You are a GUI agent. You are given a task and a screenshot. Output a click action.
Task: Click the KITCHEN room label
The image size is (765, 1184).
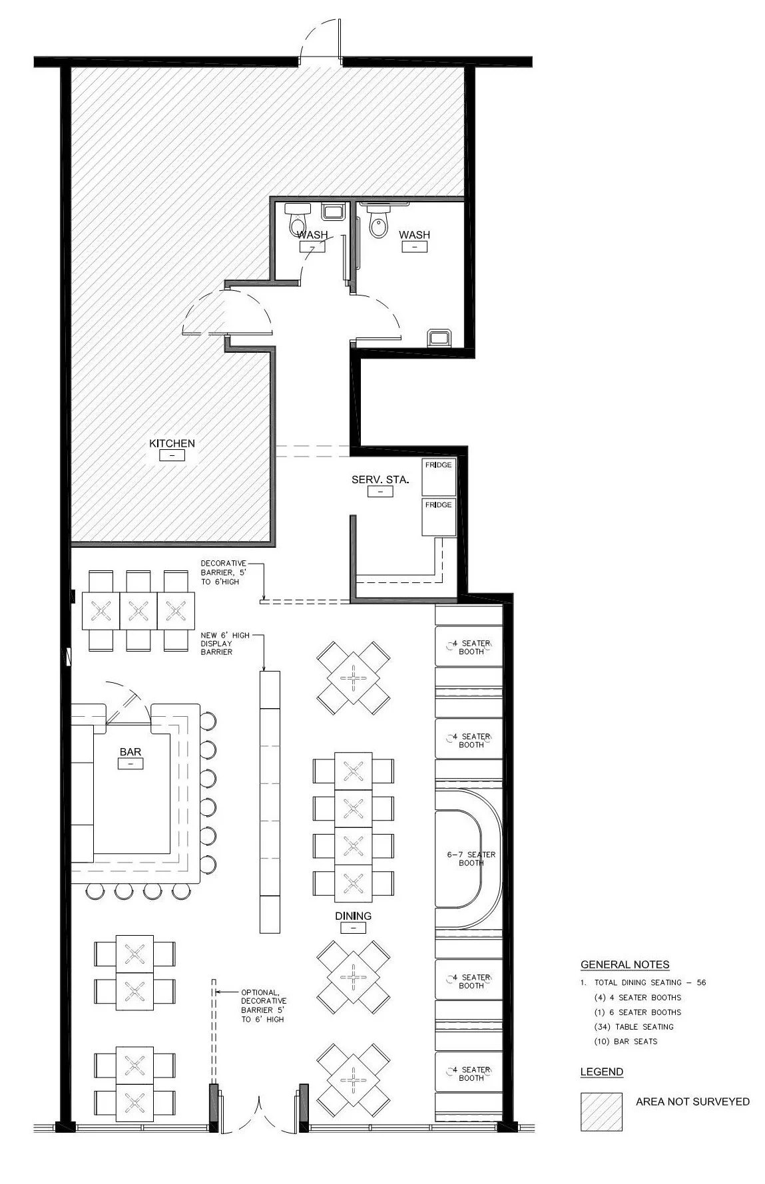[x=172, y=443]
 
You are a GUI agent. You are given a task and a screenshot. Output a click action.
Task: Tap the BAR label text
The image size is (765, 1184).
[x=130, y=752]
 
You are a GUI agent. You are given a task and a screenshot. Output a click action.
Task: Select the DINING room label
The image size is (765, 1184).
[x=354, y=916]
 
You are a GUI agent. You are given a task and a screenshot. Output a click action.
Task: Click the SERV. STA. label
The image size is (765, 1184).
[x=380, y=479]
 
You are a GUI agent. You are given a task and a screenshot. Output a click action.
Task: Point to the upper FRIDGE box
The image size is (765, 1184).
[x=439, y=477]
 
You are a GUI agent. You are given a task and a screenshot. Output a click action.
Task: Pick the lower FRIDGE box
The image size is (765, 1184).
[x=439, y=517]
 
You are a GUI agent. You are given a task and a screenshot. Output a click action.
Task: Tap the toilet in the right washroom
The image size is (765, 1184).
[x=378, y=220]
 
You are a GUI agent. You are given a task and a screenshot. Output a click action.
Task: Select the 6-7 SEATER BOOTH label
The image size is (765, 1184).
[x=471, y=859]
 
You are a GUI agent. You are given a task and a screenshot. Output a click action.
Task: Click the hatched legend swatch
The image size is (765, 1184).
[x=601, y=1111]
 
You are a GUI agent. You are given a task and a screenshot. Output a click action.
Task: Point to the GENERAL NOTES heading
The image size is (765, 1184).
[x=625, y=964]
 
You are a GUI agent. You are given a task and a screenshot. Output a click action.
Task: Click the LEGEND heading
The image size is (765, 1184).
[x=602, y=1072]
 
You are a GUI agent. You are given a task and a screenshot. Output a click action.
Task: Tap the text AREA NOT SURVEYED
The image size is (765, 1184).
[x=692, y=1101]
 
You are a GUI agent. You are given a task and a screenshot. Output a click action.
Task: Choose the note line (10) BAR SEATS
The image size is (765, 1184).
[x=625, y=1042]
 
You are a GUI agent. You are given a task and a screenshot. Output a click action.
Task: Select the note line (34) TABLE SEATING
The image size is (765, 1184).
[x=633, y=1027]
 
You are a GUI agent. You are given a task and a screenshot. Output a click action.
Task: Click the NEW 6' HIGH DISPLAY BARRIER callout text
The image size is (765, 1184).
[x=225, y=644]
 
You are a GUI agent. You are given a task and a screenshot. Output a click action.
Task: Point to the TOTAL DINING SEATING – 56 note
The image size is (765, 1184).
[x=650, y=982]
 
